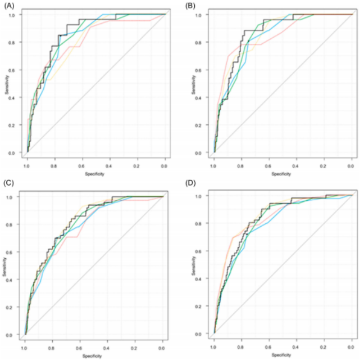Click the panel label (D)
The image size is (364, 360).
pos(192,184)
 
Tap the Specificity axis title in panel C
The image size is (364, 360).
pos(94,355)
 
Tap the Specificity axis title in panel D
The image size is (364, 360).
pos(282,355)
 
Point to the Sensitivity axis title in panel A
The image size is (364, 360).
pos(8,83)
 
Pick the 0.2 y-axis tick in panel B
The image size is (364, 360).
pos(206,125)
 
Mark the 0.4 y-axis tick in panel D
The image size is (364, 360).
pos(206,279)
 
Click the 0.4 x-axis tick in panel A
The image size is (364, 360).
pos(110,167)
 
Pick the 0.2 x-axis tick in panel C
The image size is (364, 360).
pos(135,349)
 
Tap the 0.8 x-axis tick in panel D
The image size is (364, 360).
pos(241,349)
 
